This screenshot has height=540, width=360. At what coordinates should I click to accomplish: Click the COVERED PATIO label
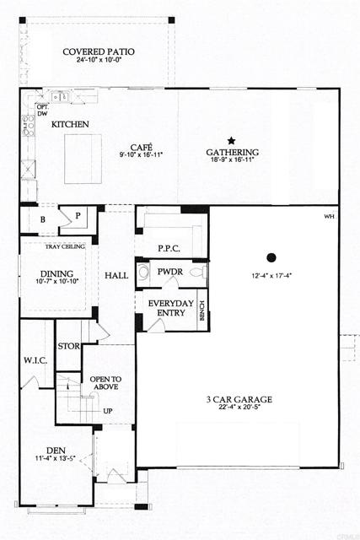click(98, 51)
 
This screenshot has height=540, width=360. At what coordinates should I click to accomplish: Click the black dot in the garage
click(271, 257)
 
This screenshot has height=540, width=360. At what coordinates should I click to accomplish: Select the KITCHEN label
click(70, 124)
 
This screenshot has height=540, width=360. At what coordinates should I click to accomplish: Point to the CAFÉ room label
click(140, 146)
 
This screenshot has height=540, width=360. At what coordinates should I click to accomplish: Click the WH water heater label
click(329, 216)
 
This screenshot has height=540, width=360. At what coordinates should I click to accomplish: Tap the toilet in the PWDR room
click(196, 273)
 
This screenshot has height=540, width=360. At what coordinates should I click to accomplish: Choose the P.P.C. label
click(170, 248)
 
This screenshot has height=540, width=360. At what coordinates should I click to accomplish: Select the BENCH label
click(201, 313)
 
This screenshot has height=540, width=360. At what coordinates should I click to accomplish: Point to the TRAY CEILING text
click(63, 246)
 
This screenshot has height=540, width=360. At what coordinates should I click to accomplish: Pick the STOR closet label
click(68, 346)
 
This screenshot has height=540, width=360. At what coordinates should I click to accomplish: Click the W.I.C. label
click(35, 360)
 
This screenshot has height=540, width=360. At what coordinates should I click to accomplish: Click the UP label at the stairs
click(107, 411)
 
